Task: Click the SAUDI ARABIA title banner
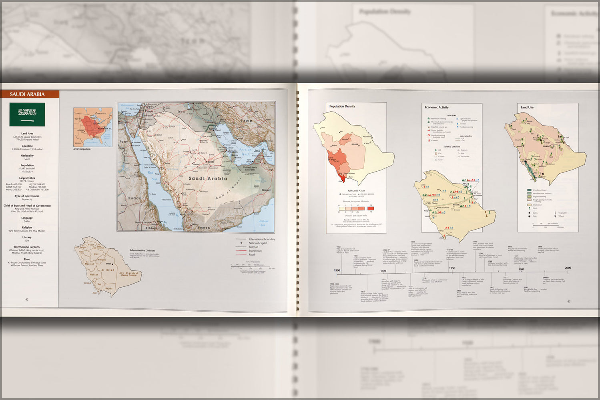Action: [x=27, y=94]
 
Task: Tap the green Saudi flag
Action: [x=27, y=114]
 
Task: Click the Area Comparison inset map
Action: [x=93, y=127]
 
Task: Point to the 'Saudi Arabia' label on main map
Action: [x=208, y=178]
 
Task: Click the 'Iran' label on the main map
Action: [x=247, y=120]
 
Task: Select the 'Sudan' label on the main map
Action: [x=134, y=198]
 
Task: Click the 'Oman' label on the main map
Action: [x=266, y=190]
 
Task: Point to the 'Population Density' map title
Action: [x=342, y=106]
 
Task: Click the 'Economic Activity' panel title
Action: [x=436, y=107]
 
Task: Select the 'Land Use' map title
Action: [x=527, y=107]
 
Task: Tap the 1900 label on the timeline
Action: [x=337, y=270]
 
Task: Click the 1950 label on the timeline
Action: [x=452, y=268]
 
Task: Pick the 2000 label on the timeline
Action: [x=568, y=268]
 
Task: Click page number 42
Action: [x=27, y=299]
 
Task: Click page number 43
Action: [x=568, y=301]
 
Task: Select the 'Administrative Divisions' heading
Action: [x=142, y=250]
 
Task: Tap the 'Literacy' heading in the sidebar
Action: [x=27, y=237]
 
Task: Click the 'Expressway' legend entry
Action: [x=255, y=251]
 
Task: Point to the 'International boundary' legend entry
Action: [x=262, y=239]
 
